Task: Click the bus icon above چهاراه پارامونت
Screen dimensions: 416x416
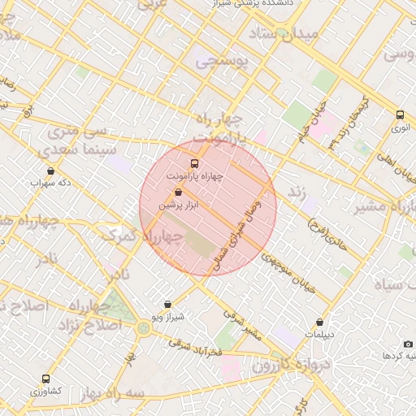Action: click(x=193, y=162)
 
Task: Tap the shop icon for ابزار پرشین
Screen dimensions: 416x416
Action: click(x=179, y=193)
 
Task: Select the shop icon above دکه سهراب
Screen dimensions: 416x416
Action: click(x=51, y=171)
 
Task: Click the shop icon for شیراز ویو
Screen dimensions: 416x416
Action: click(x=168, y=305)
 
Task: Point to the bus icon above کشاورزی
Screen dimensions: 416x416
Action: click(x=45, y=379)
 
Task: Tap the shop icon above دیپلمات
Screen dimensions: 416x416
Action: click(x=320, y=323)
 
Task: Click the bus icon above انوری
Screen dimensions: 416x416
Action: click(x=400, y=115)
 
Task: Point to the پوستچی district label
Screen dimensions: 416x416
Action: click(x=219, y=59)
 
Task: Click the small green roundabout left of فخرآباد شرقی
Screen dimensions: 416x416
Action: click(x=144, y=328)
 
